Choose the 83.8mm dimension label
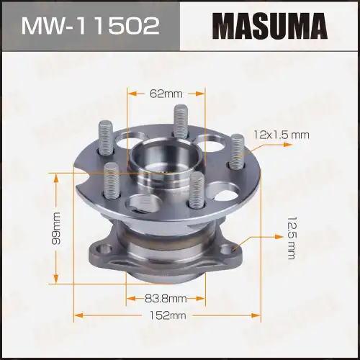pyautogui.click(x=166, y=297)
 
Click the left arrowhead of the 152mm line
pyautogui.click(x=76, y=315)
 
